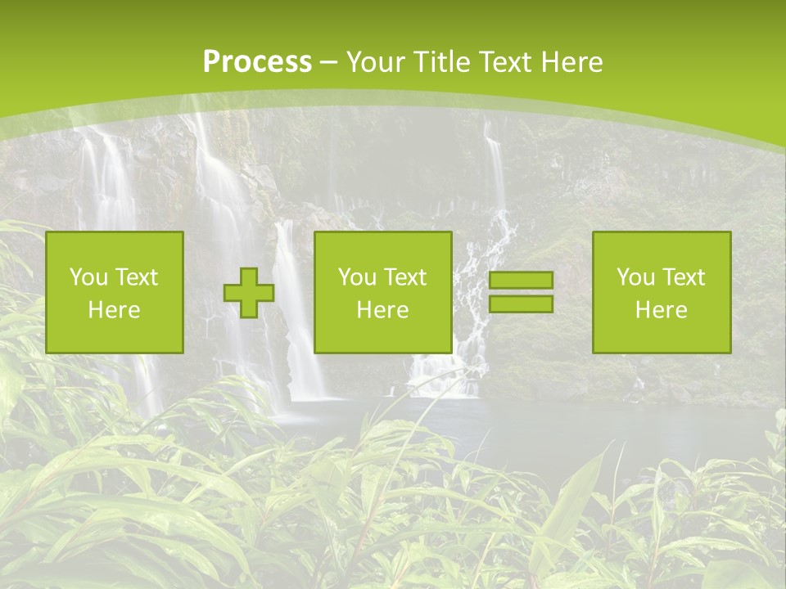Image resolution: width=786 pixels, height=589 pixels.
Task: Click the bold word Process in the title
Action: click(x=257, y=62)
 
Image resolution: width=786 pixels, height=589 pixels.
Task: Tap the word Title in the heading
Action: click(x=440, y=62)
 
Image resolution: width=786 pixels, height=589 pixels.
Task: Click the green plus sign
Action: click(x=249, y=293)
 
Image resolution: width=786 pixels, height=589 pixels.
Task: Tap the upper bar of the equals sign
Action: click(x=521, y=281)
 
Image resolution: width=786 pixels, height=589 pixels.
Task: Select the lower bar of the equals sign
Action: click(x=521, y=303)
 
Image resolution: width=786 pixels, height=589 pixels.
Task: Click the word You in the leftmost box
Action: click(x=88, y=277)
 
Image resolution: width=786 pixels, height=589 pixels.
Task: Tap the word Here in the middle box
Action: click(x=383, y=310)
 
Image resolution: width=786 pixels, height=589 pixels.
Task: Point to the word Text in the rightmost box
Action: click(x=684, y=277)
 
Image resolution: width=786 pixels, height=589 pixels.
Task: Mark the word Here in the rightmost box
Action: click(x=662, y=310)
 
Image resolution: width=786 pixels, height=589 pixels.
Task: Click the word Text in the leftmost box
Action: click(x=137, y=277)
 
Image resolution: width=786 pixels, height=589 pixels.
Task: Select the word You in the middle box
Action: click(x=356, y=277)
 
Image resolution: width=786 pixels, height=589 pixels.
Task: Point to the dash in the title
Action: click(x=328, y=62)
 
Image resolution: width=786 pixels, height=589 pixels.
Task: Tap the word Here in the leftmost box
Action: click(x=115, y=310)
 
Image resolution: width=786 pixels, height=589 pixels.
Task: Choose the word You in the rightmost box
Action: click(x=635, y=277)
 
